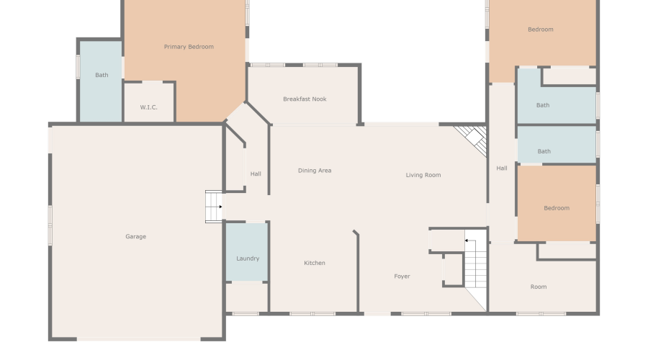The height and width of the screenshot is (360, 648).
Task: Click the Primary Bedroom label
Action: pos(189,47)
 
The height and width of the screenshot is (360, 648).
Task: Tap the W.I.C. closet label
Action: pos(148,107)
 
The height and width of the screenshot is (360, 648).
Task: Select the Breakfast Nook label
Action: pos(305,99)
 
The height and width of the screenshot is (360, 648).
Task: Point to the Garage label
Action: pos(136,236)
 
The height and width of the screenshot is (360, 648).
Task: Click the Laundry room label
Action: pos(248,258)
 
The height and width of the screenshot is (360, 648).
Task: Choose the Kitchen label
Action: pos(315,263)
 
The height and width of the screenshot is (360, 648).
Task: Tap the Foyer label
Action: pos(402,276)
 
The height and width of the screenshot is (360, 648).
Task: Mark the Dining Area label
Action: pos(315,171)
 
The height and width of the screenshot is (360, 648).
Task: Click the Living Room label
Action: pos(423,175)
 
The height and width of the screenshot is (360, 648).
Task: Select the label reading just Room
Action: pos(539,287)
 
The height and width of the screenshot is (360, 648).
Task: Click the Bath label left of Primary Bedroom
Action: pos(102,75)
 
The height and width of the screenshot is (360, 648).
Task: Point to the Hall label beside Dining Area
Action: pos(256,174)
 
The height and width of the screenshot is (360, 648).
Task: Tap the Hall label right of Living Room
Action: pos(502,168)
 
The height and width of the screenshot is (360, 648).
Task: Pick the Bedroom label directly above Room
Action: pos(557,208)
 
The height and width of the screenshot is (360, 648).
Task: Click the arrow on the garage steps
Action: pos(220,207)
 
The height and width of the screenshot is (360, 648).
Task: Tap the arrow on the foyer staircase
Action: pos(467,240)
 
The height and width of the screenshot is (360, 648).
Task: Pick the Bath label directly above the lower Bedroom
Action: pos(544,151)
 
